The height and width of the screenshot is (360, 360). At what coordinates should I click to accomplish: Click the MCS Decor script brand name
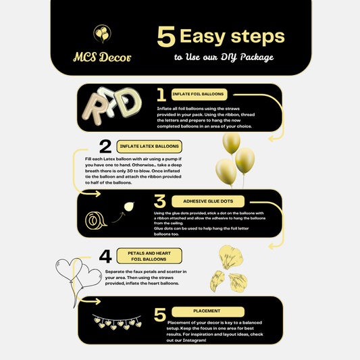102,57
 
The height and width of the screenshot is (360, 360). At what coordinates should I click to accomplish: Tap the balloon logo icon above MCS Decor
102,34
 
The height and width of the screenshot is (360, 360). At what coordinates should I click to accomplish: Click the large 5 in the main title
166,36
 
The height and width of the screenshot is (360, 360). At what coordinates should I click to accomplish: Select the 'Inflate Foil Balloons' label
199,95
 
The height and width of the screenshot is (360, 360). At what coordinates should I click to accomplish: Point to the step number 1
161,95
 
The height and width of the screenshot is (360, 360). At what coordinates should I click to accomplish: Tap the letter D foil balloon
128,103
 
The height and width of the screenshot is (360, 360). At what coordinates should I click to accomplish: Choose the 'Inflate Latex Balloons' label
149,147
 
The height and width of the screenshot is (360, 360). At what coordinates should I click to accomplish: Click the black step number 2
105,147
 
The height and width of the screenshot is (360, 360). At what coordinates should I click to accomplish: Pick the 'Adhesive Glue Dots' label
208,201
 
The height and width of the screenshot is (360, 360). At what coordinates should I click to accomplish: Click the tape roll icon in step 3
96,220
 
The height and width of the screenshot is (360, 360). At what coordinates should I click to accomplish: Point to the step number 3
160,201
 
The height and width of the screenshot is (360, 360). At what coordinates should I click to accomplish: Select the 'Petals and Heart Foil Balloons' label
149,256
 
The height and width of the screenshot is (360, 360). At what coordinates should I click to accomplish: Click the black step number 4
105,256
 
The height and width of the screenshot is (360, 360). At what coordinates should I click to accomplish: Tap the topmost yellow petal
231,257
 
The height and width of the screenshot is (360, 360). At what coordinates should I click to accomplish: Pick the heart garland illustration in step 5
117,322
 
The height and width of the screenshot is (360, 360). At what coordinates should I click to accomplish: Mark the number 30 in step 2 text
130,171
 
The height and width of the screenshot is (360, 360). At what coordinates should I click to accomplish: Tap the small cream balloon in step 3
129,207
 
